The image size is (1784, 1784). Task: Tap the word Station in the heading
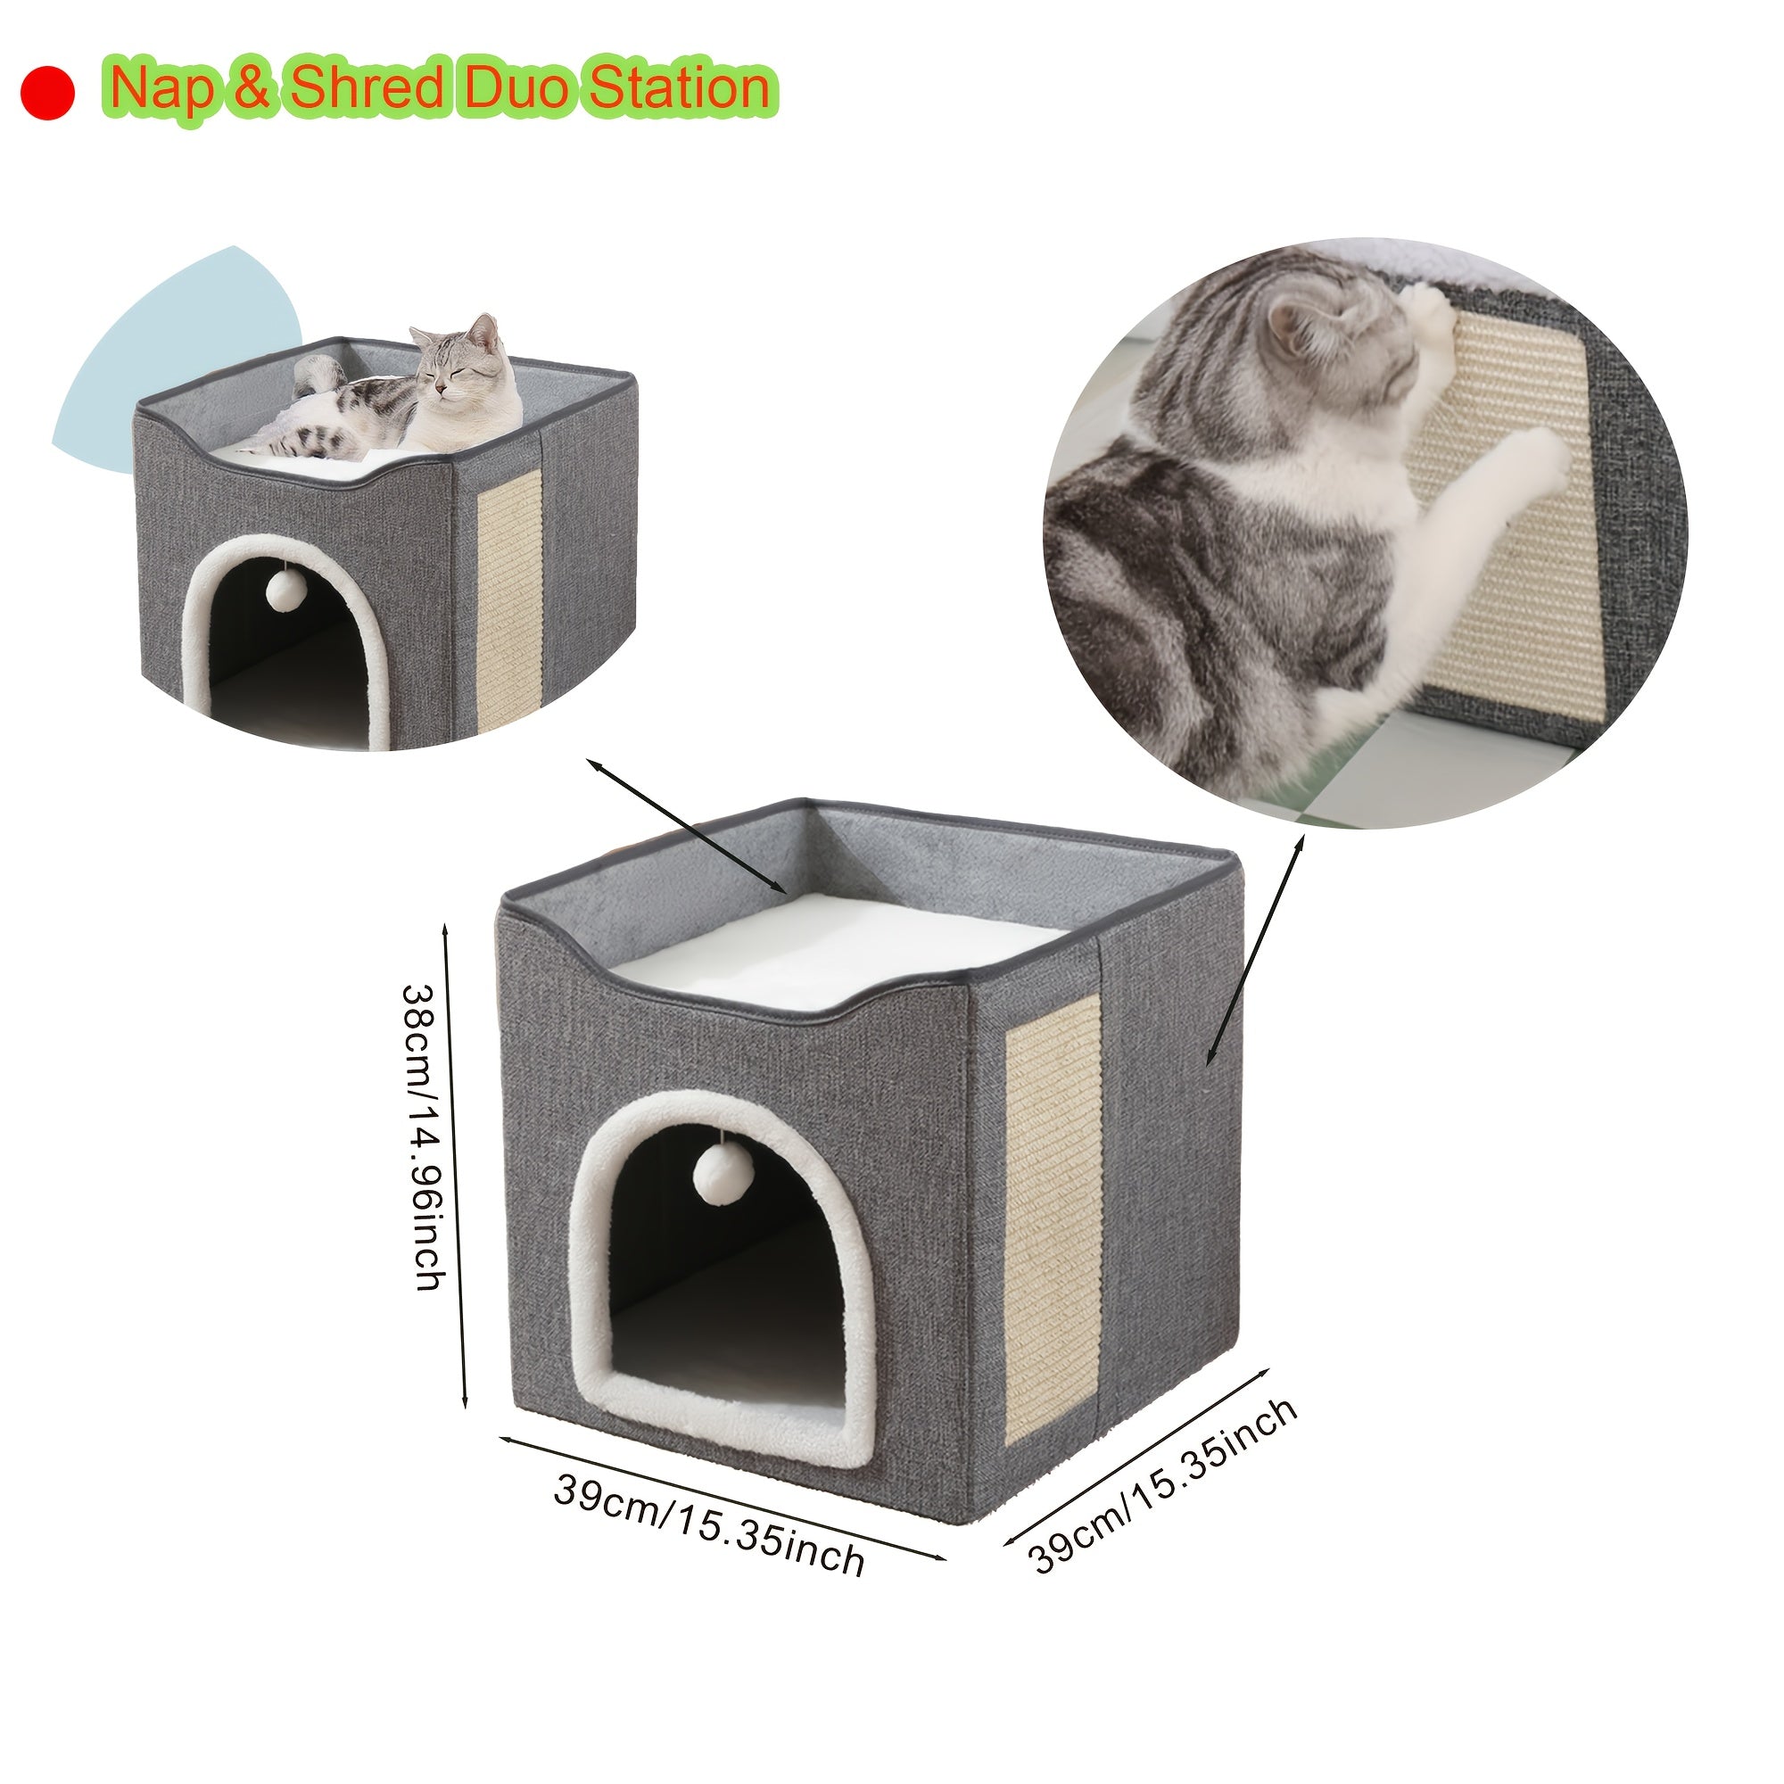pos(679,89)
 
